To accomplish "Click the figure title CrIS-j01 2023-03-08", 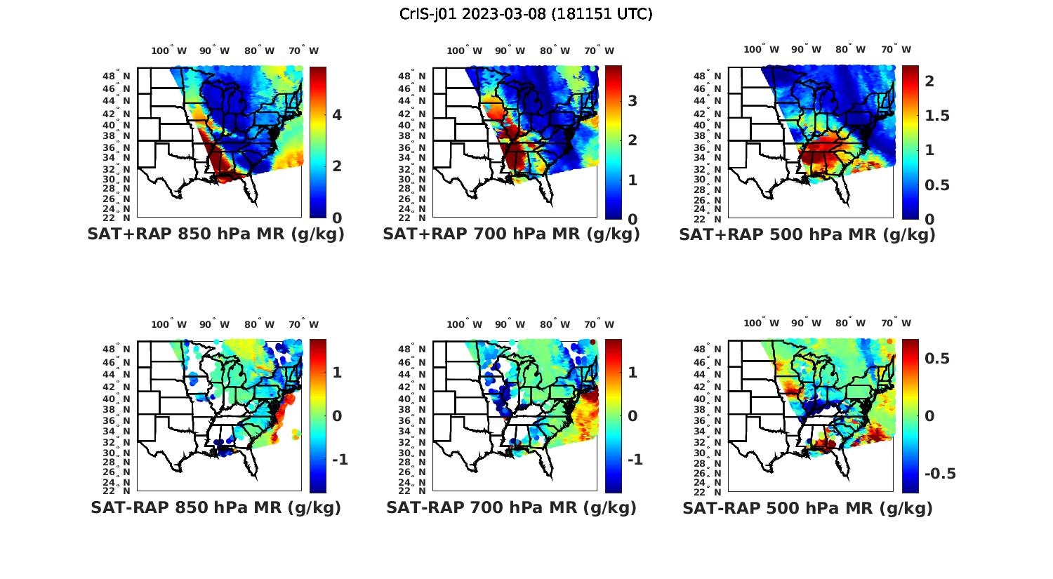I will point(526,14).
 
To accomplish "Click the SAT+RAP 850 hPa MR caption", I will point(216,234).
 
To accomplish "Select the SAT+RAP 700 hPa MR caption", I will point(511,234).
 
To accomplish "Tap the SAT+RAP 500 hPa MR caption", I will point(807,234).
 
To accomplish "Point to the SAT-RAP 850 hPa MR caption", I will point(216,507).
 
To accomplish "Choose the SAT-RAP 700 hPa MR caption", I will point(511,507).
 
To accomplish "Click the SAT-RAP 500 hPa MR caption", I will point(807,507).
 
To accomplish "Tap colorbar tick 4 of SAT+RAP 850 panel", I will point(337,114).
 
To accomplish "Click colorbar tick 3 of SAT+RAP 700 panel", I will point(633,101).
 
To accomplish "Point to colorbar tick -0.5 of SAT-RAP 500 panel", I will point(940,474).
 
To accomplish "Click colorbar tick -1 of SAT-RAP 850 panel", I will point(340,460).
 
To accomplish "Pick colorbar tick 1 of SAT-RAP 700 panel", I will point(633,372).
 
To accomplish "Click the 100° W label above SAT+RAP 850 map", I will point(169,51).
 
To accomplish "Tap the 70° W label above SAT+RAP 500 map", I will point(896,49).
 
